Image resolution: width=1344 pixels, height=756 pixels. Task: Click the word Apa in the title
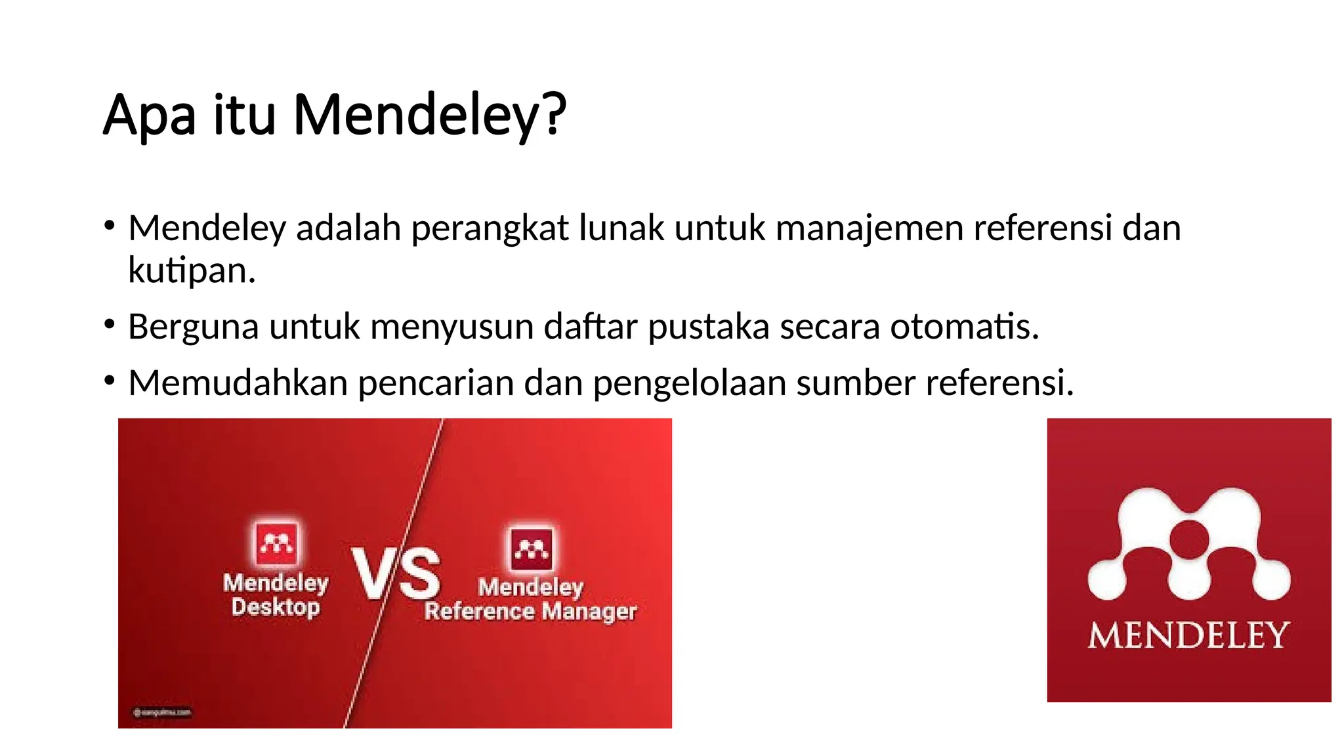pos(150,115)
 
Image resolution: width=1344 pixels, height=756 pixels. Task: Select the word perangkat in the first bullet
pos(490,229)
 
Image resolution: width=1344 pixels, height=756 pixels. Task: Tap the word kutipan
pos(190,270)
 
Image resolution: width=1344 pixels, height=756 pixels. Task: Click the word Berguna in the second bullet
pos(193,327)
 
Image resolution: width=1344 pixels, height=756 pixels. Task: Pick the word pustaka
pos(708,327)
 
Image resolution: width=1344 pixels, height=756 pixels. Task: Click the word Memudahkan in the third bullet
pos(238,383)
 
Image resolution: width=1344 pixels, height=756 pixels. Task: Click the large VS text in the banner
pos(395,574)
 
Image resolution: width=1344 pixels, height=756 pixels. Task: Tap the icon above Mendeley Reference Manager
pos(532,548)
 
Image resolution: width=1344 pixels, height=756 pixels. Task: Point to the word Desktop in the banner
pos(276,607)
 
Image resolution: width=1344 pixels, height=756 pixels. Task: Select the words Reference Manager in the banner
pos(530,612)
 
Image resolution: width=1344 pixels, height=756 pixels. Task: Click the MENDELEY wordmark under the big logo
pos(1188,635)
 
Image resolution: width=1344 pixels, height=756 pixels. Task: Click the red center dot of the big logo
pos(1189,539)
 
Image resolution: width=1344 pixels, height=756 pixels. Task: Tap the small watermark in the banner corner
pos(162,712)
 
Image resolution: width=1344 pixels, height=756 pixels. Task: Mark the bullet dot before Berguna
pos(110,324)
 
